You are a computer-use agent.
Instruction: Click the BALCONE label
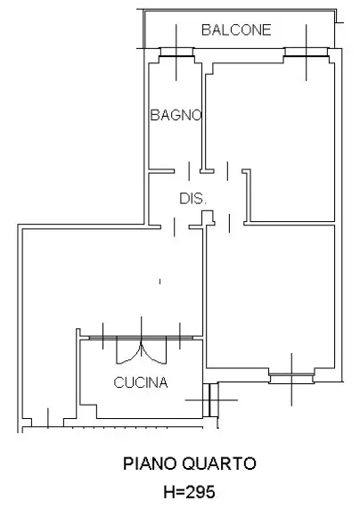pyautogui.click(x=236, y=30)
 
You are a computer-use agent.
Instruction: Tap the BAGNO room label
pyautogui.click(x=176, y=115)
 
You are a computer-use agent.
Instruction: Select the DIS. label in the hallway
pyautogui.click(x=192, y=199)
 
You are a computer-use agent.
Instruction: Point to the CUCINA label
pyautogui.click(x=141, y=383)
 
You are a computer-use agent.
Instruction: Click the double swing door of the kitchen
pyautogui.click(x=140, y=349)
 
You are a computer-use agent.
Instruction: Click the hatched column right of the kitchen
pyautogui.click(x=211, y=399)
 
